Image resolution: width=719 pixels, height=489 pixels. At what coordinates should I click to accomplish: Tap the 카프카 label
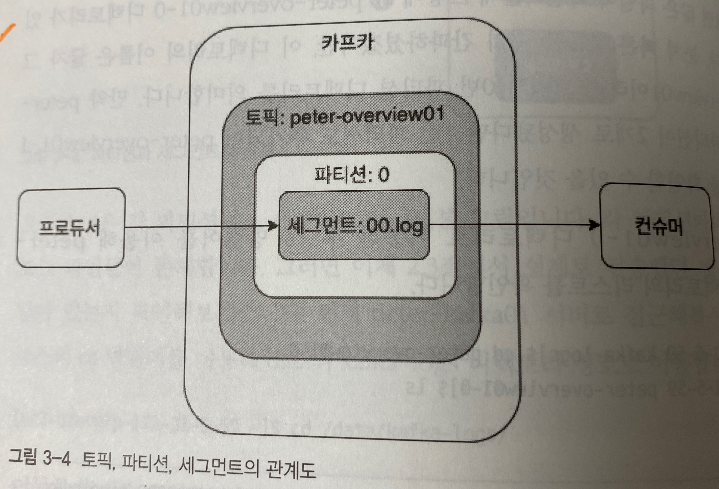point(347,44)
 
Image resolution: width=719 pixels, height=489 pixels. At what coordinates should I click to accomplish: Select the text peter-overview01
point(367,117)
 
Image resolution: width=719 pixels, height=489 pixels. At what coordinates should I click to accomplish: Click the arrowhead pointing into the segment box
point(273,226)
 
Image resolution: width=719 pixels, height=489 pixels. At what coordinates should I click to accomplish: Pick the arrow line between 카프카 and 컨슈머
point(557,225)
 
